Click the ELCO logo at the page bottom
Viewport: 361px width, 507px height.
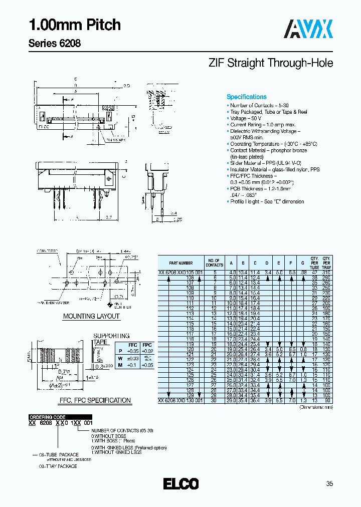pos(180,484)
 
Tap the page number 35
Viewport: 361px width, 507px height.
pos(329,484)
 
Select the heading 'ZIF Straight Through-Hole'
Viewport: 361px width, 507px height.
pos(270,64)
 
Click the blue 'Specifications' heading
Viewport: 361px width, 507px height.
pos(247,97)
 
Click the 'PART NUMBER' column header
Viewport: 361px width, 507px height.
pos(180,263)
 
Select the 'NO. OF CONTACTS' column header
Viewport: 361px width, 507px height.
pos(214,263)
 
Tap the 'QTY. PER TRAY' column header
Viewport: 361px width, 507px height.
pos(326,263)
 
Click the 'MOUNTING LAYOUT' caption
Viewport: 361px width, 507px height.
pos(91,316)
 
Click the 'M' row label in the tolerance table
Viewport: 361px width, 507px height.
pos(119,365)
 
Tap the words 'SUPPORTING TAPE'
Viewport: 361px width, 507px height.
pos(111,339)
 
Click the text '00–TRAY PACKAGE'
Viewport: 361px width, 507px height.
pos(58,466)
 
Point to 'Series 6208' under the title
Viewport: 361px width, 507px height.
pos(54,43)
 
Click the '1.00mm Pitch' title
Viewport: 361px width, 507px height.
pos(74,25)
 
